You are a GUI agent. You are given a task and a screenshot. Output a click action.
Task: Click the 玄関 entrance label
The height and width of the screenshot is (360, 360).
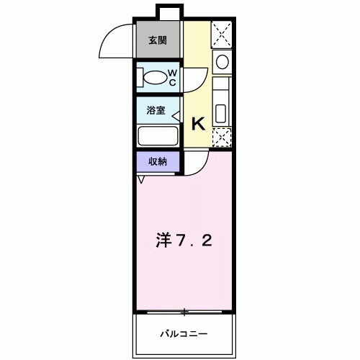coord(158,40)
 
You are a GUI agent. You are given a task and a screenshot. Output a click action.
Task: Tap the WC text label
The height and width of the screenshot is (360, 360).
coord(173,77)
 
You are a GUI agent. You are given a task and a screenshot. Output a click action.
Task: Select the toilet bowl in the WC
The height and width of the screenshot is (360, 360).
coord(153,77)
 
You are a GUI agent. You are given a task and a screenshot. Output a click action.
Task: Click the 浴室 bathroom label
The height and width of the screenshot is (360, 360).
coord(156,111)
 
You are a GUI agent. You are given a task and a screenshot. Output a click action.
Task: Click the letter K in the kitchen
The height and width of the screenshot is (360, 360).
coord(198,123)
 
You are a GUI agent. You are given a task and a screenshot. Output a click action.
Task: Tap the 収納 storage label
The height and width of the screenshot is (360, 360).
coord(158,161)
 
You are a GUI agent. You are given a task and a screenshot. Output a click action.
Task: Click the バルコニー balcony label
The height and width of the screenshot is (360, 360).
coord(184,334)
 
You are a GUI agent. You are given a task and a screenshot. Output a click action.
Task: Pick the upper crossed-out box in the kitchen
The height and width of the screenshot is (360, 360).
coord(222,33)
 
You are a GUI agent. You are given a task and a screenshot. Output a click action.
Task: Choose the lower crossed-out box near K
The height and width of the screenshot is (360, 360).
coord(222,137)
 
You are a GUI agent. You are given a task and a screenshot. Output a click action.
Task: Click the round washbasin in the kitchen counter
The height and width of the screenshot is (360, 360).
coord(222,62)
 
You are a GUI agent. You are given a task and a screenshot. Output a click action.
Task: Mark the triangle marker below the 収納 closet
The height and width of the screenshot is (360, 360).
coord(141,179)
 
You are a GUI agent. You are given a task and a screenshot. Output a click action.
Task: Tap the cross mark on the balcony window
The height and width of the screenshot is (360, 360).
coord(184,312)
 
